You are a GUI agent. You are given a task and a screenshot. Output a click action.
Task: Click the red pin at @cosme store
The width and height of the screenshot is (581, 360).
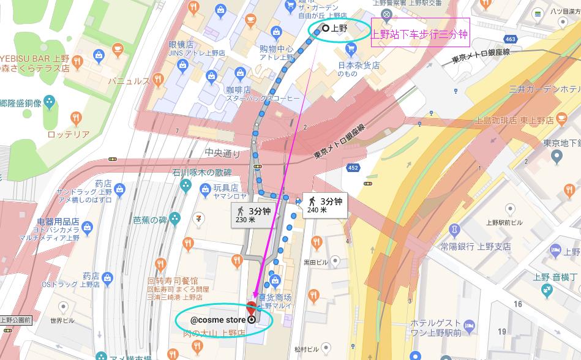(251, 309)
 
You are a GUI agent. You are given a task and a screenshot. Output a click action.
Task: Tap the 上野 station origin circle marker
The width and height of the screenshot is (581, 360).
(325, 28)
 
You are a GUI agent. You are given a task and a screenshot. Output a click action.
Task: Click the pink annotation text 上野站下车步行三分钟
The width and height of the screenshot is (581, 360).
(420, 35)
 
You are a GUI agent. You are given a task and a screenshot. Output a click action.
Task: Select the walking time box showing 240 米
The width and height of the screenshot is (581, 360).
(325, 204)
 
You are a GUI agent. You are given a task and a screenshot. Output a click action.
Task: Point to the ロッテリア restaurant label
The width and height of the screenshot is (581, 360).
(68, 134)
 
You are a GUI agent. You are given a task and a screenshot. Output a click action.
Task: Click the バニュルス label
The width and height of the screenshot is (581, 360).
(129, 80)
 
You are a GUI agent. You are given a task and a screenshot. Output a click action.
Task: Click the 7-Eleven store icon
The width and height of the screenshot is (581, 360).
(198, 218)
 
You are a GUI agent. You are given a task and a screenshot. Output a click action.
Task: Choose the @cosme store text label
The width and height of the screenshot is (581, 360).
(218, 319)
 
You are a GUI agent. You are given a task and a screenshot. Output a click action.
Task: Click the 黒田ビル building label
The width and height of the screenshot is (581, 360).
(315, 262)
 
